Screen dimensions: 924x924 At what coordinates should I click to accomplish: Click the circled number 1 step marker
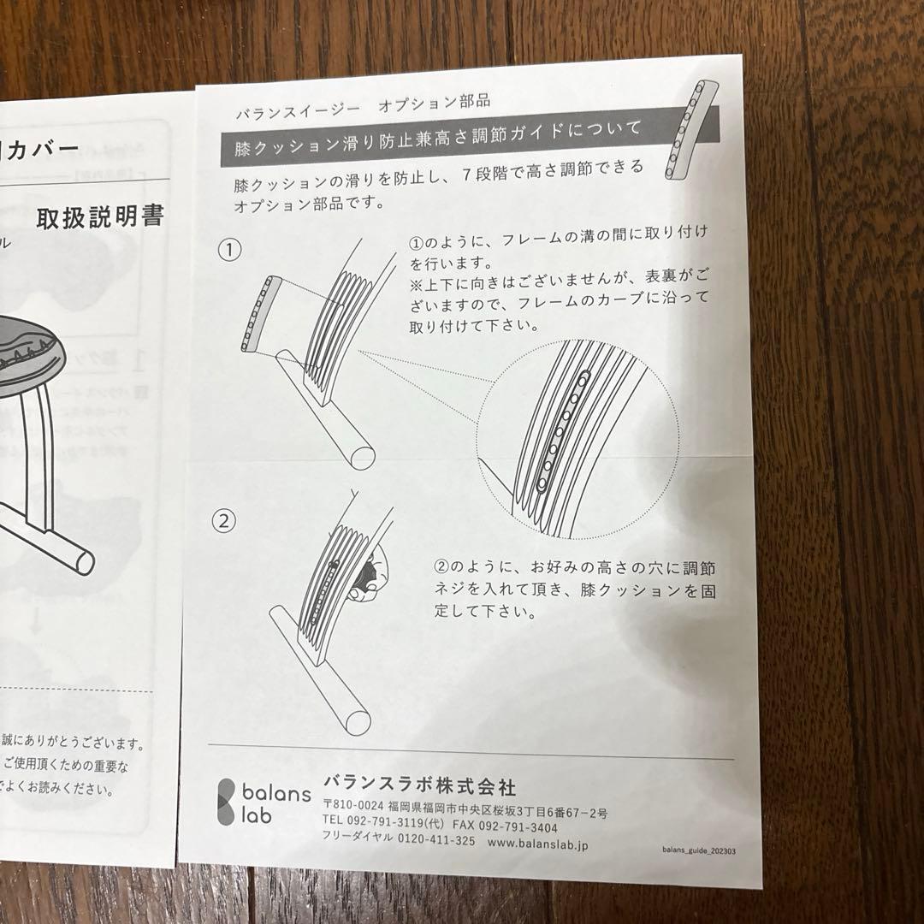tap(229, 250)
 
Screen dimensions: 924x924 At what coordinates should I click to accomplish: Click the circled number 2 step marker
tap(224, 520)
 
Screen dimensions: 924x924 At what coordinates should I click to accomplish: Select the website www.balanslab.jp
tap(537, 842)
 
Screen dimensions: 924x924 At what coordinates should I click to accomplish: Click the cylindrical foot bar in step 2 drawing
tap(321, 668)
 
